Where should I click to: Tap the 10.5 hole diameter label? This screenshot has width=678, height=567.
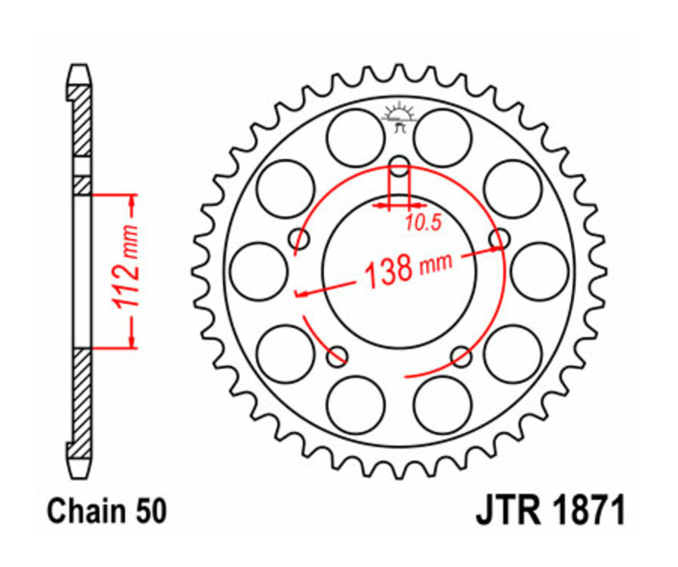coord(423,222)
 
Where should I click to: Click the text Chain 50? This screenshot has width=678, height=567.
coord(106,512)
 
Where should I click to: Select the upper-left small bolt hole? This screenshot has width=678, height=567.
coord(301,241)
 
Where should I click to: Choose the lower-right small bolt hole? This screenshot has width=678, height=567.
coord(460,355)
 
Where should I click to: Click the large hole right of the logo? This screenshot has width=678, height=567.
coord(443,136)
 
